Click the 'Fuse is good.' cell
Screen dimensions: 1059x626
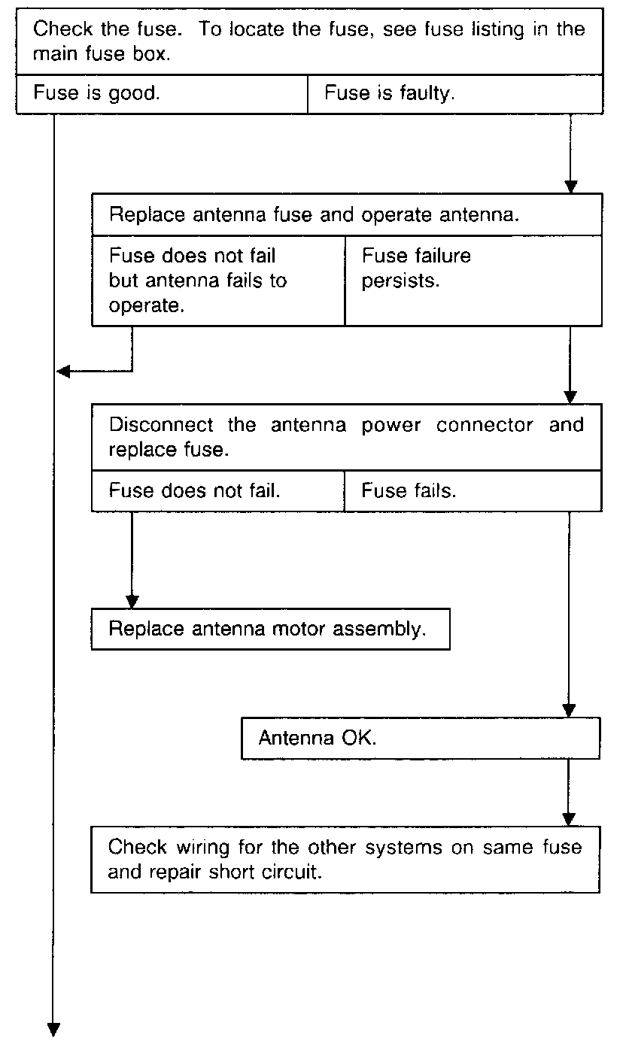coord(162,94)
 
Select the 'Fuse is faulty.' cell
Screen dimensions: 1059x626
coord(454,94)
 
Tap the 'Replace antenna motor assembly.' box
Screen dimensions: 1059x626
coord(270,629)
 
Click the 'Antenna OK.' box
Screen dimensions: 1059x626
coord(420,737)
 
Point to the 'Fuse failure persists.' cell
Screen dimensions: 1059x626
coord(473,281)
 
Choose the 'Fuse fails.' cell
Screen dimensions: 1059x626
coord(473,491)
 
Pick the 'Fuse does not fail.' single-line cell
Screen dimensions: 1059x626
coord(217,491)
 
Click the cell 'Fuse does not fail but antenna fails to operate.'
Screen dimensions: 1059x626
coord(217,281)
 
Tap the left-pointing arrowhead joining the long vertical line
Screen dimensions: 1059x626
coord(64,371)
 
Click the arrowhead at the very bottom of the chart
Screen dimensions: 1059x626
coord(54,1029)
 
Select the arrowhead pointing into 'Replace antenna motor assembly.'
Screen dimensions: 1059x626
coord(132,601)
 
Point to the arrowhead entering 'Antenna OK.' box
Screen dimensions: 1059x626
coord(570,709)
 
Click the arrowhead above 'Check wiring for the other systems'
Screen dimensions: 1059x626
coord(570,818)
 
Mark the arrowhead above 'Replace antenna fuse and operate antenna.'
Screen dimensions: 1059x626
coord(570,186)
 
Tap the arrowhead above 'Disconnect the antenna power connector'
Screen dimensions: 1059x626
coord(570,396)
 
